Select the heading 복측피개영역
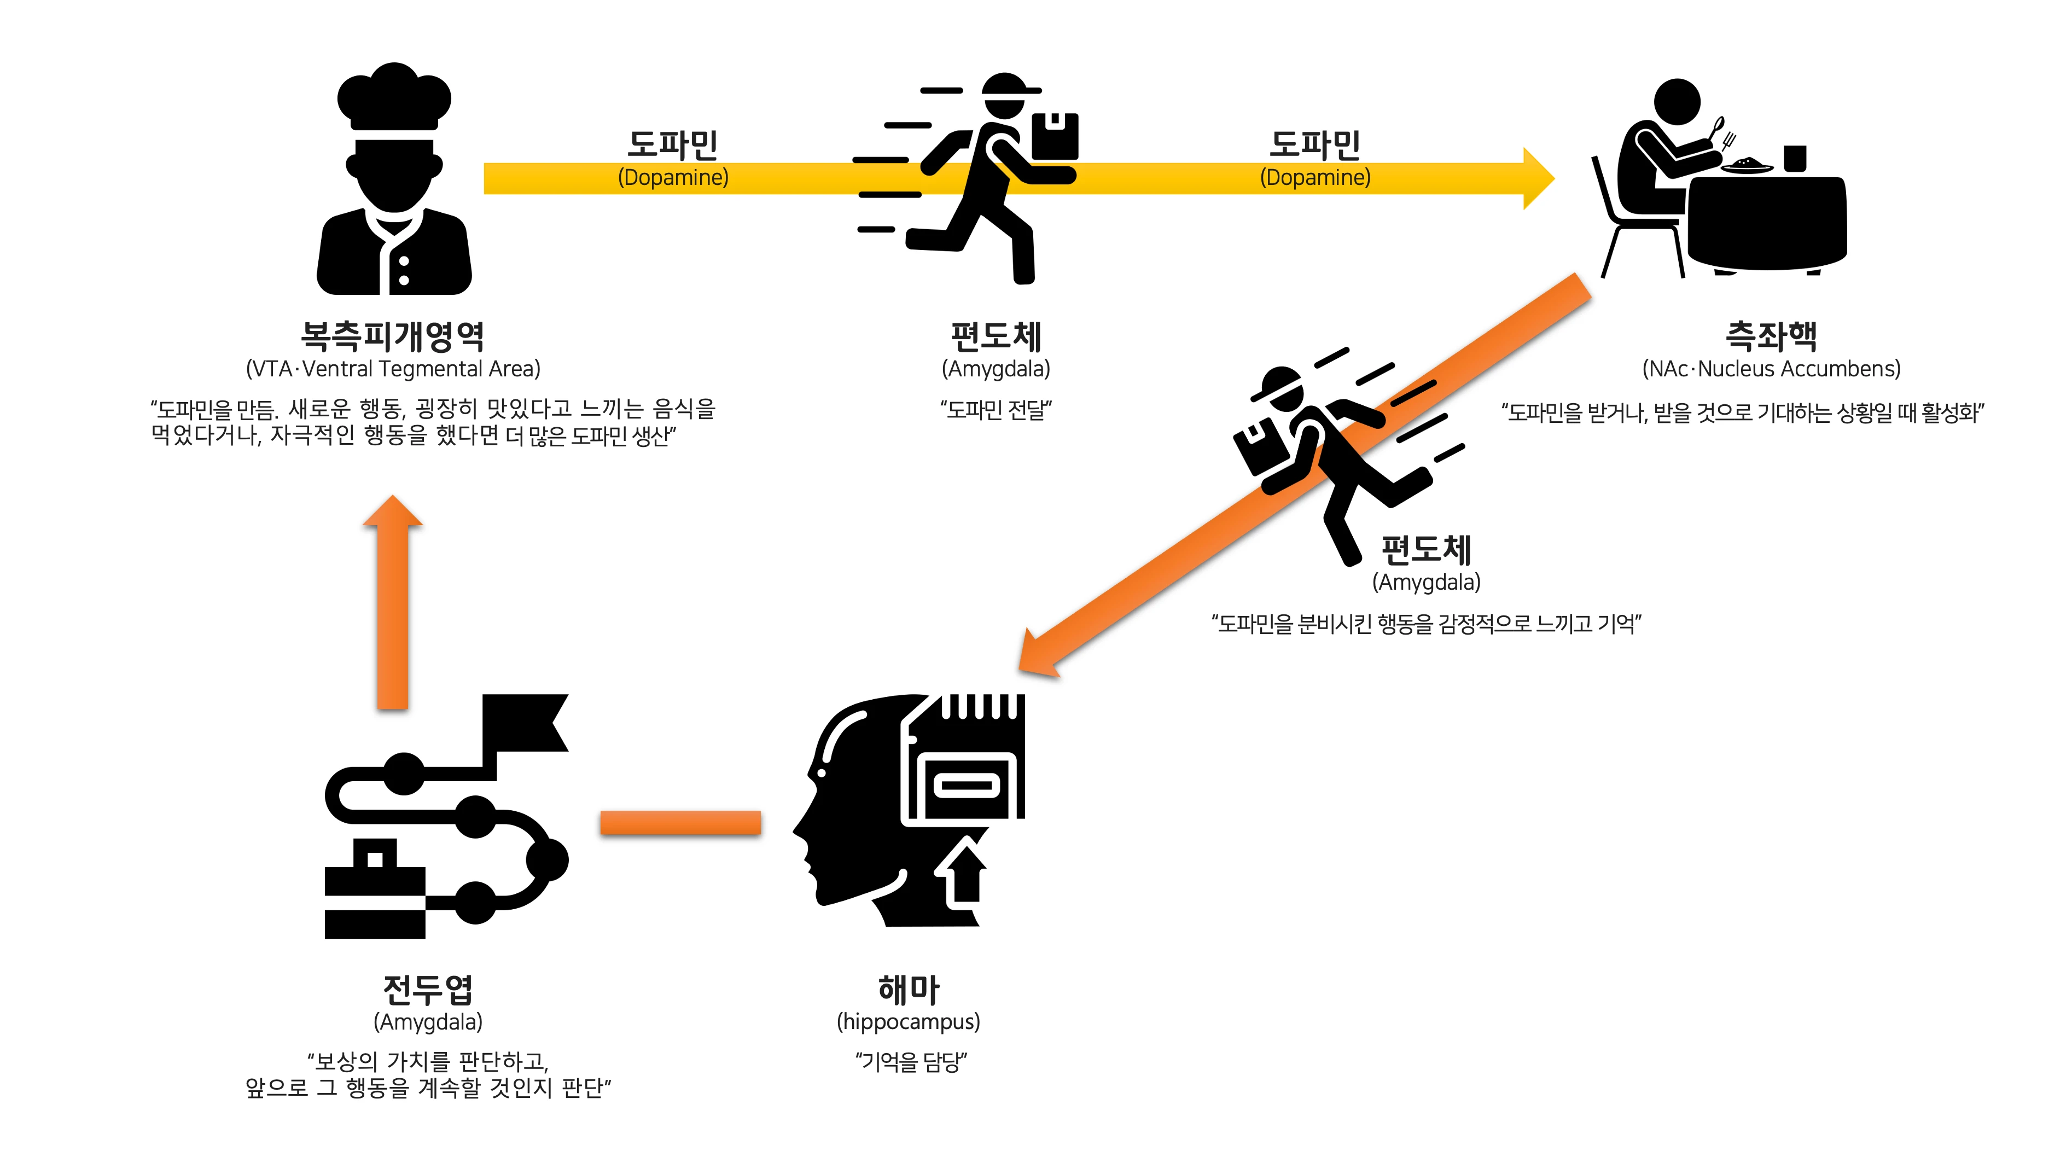coord(392,336)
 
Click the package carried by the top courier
coord(1055,137)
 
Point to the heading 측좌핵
coord(1771,336)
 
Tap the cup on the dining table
coord(1795,158)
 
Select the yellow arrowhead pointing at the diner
coord(1537,178)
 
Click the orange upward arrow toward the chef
coord(392,604)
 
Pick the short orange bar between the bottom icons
coord(680,822)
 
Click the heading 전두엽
coord(428,990)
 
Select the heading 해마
coord(909,990)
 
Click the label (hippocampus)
coord(909,1021)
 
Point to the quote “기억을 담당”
coord(911,1061)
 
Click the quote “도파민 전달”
coord(996,410)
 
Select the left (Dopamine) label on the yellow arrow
coord(673,177)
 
